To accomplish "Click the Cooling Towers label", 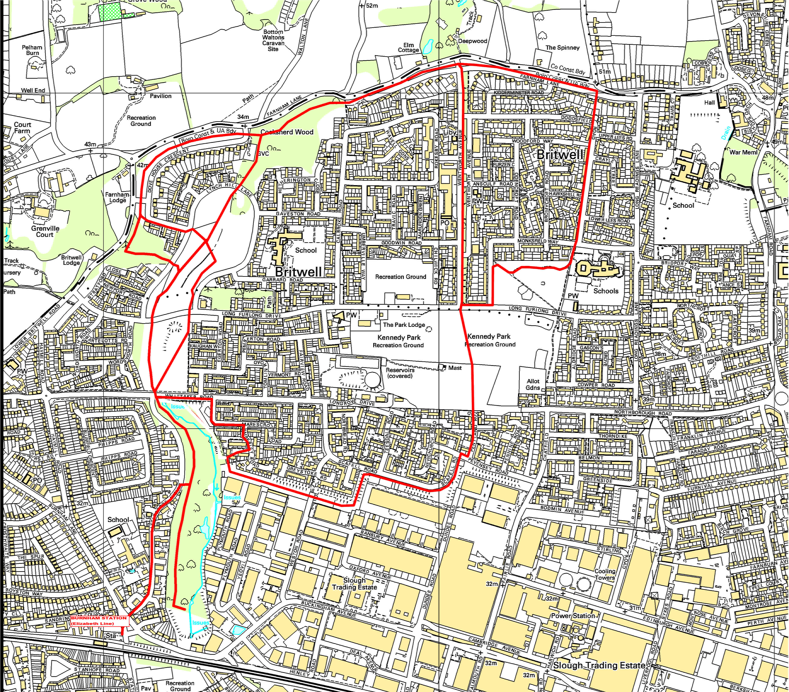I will [x=605, y=574].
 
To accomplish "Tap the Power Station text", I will [x=573, y=616].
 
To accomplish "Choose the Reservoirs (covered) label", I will [x=400, y=373].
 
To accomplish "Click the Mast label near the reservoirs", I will [x=455, y=368].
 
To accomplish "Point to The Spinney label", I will [x=562, y=48].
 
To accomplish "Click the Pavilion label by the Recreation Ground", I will [x=161, y=96].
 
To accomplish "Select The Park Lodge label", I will [x=404, y=325].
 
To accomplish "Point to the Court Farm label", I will [x=22, y=127].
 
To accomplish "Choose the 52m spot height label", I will [x=372, y=6].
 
